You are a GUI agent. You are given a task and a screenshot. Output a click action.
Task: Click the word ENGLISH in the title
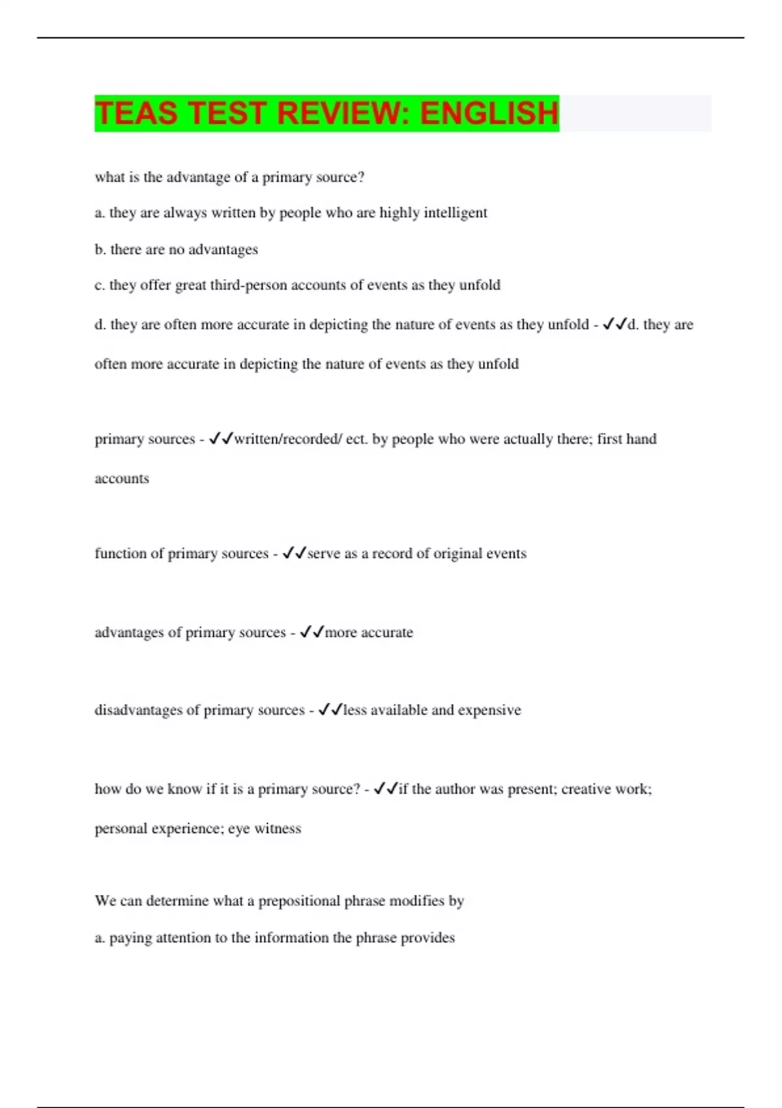pos(489,113)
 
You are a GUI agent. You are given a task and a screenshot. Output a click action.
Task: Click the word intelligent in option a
pos(456,213)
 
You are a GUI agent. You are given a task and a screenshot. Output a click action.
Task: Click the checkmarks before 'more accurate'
pos(312,632)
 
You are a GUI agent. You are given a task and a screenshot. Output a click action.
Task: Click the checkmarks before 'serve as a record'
pos(295,553)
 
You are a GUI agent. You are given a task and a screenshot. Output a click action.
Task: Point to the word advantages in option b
pos(223,250)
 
